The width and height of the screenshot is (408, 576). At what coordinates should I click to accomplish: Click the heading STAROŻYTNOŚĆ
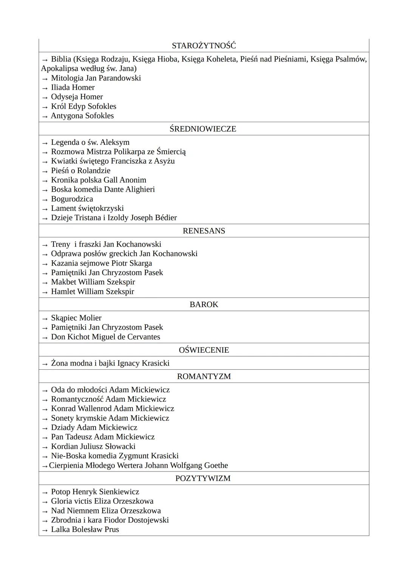(x=204, y=46)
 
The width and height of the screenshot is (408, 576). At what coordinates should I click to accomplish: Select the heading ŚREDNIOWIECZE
(x=203, y=129)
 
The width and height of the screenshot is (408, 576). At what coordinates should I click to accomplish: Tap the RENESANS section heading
(x=204, y=231)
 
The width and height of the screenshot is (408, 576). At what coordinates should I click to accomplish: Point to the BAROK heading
(x=204, y=304)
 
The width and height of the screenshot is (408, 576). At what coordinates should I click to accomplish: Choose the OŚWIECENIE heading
(x=204, y=350)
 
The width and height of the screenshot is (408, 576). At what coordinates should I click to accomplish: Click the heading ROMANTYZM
(x=204, y=376)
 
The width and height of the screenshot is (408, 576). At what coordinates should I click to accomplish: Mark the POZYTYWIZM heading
(x=203, y=478)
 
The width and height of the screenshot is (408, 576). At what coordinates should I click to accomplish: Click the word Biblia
(x=61, y=59)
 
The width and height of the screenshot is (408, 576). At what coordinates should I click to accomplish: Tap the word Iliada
(x=60, y=88)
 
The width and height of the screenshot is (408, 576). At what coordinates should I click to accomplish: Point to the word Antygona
(x=66, y=116)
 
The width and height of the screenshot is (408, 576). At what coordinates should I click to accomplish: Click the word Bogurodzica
(x=72, y=199)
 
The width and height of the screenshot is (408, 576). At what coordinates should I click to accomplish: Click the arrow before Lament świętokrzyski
(x=45, y=209)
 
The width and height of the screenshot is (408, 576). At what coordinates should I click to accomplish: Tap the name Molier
(x=90, y=318)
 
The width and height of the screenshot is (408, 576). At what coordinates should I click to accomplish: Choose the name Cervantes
(x=144, y=337)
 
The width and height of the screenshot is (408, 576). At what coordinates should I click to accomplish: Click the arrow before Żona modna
(x=45, y=364)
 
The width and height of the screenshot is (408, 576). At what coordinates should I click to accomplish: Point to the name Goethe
(x=216, y=465)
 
